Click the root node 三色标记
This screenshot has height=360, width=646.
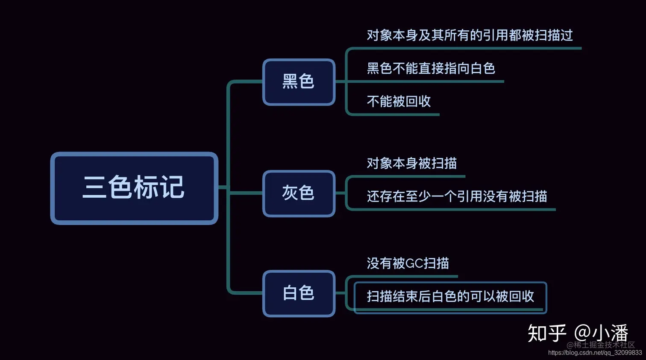[x=134, y=188]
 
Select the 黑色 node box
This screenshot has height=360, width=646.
[x=299, y=82]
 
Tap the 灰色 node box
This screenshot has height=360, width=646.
[x=299, y=193]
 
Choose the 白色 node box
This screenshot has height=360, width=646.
[x=299, y=293]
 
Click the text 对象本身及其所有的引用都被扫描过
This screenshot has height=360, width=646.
[x=470, y=35]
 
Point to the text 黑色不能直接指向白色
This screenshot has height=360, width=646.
[x=431, y=68]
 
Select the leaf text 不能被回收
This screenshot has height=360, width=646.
[x=399, y=101]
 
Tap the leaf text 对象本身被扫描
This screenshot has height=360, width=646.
[x=411, y=163]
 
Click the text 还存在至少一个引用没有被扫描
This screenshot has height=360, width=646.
[x=457, y=196]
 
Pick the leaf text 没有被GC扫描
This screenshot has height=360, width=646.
[x=408, y=263]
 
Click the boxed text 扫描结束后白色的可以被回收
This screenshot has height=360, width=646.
[x=450, y=296]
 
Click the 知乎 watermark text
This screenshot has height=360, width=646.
[x=546, y=333]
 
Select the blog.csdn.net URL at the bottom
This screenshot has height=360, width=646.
[x=595, y=353]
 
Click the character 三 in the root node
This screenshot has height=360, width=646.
[x=94, y=188]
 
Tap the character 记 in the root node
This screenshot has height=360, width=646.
[x=172, y=188]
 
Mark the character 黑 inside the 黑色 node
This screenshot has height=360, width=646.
[x=290, y=82]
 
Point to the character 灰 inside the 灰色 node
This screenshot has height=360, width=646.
[x=290, y=193]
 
